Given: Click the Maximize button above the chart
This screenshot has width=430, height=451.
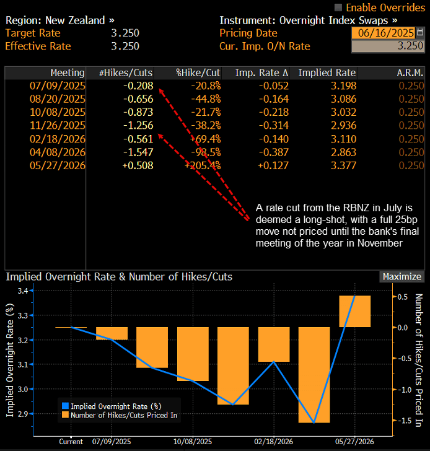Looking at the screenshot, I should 401,277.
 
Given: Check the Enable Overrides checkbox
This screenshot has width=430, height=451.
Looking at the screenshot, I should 338,7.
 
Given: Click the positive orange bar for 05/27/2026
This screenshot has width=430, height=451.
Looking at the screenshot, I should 354,312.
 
